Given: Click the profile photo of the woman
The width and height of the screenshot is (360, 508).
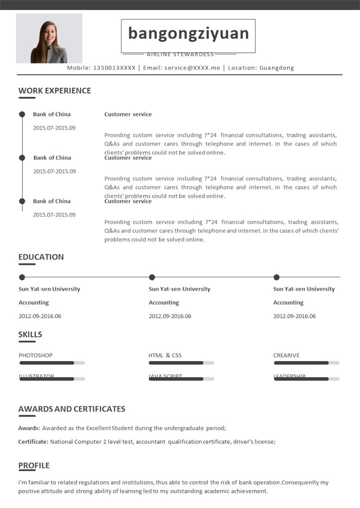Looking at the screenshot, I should (49, 38).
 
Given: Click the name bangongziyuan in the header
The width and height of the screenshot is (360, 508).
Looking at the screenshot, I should (188, 33).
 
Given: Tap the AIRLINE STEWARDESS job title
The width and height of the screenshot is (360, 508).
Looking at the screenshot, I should (180, 54).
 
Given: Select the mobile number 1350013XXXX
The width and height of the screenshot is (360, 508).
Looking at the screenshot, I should (114, 68).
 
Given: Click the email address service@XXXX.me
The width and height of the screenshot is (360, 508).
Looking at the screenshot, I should (192, 68).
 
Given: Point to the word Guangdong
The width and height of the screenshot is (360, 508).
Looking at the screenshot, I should (276, 68).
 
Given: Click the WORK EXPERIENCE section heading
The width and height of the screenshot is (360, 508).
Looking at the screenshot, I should (54, 91).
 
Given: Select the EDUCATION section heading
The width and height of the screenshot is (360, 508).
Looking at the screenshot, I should (41, 257).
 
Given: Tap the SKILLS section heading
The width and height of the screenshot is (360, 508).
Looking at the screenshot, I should (30, 335).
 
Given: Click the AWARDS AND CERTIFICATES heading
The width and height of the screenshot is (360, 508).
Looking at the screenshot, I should (71, 409).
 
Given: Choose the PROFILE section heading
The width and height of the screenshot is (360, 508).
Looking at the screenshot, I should (34, 466).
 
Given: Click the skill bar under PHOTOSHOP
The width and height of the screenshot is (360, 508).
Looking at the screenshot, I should (51, 363).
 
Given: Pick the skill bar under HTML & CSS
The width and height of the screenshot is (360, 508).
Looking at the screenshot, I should (181, 363).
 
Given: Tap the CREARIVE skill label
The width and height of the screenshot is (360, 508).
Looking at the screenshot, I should (286, 356).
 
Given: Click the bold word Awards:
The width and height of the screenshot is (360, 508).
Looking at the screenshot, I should (29, 428).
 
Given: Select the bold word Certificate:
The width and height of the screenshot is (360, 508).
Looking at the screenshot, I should (33, 442).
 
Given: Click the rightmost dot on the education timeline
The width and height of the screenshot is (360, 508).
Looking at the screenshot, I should (276, 277).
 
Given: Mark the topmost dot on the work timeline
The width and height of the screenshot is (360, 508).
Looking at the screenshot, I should (22, 114).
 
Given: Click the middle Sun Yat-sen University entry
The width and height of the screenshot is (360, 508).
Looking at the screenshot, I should (179, 289).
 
